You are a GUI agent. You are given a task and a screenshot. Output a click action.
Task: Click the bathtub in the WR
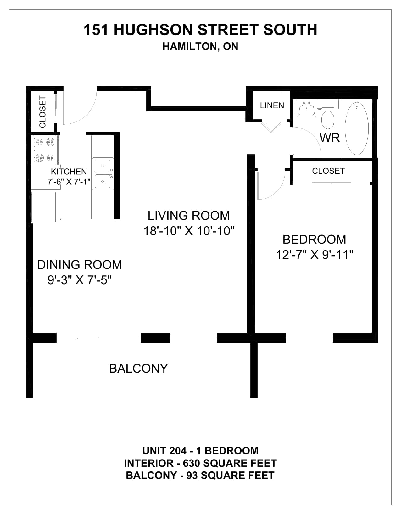pyautogui.click(x=356, y=128)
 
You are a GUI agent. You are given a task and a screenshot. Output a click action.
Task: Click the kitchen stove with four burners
pyautogui.click(x=45, y=150)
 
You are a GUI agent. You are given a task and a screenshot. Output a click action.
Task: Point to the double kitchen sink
pyautogui.click(x=103, y=174)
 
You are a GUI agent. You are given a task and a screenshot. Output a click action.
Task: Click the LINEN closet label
pyautogui.click(x=272, y=105)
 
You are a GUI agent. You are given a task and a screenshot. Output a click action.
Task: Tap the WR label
pyautogui.click(x=330, y=138)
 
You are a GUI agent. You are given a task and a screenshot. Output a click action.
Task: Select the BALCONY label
pyautogui.click(x=139, y=368)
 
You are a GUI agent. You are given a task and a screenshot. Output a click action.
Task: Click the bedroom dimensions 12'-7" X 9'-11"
pyautogui.click(x=315, y=255)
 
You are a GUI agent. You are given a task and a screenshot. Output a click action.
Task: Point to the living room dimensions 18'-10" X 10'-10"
pyautogui.click(x=189, y=231)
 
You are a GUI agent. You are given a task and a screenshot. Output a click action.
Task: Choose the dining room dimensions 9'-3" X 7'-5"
pyautogui.click(x=80, y=280)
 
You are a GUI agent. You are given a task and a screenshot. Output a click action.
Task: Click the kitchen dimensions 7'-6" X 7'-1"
pyautogui.click(x=69, y=182)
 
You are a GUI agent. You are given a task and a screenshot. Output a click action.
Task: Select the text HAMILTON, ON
pyautogui.click(x=200, y=47)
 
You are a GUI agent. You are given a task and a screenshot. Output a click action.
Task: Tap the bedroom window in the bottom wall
pyautogui.click(x=309, y=338)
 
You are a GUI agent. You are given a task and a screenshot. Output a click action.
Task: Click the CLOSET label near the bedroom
pyautogui.click(x=328, y=171)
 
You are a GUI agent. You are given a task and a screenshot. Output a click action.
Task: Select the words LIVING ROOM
pyautogui.click(x=189, y=215)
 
